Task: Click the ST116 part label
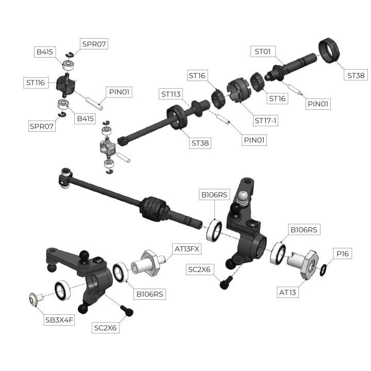(36, 82)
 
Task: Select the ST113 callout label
(171, 94)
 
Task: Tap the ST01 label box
(263, 52)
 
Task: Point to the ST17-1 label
(265, 121)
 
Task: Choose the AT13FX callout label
(187, 249)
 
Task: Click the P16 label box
(343, 254)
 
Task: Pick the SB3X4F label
(59, 320)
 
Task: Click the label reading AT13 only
(288, 293)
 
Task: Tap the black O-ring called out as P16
(323, 270)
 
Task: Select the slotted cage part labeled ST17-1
(238, 91)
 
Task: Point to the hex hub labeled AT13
(304, 264)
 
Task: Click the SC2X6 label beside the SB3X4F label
(106, 328)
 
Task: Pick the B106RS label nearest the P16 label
(304, 229)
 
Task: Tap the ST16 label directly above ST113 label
(197, 75)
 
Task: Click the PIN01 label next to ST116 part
(119, 92)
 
